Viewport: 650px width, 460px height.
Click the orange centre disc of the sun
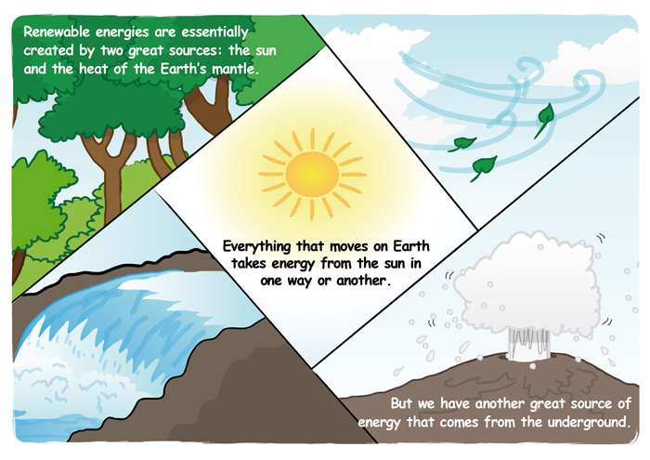point(312,174)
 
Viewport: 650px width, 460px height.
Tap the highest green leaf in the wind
point(544,118)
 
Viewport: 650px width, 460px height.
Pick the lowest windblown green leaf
point(484,166)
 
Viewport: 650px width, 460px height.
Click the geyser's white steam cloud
point(526,283)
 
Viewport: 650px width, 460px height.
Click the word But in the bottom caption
point(401,403)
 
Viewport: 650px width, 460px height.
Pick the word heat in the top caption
point(94,69)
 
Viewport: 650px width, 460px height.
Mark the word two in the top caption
point(112,50)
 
